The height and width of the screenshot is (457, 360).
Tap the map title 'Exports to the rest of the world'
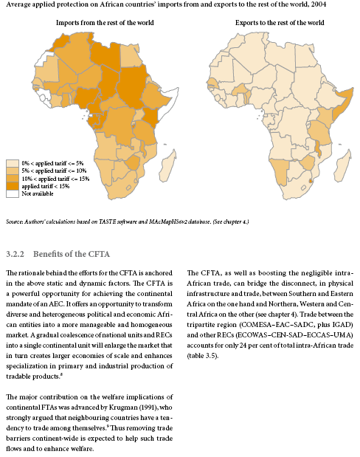point(279,23)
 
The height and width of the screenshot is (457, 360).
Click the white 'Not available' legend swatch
point(13,193)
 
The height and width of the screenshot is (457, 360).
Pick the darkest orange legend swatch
point(13,186)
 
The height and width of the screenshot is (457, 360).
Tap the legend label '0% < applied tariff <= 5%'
point(53,162)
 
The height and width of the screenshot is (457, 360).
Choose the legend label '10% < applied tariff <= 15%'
point(56,178)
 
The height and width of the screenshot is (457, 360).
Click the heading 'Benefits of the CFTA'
point(66,253)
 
